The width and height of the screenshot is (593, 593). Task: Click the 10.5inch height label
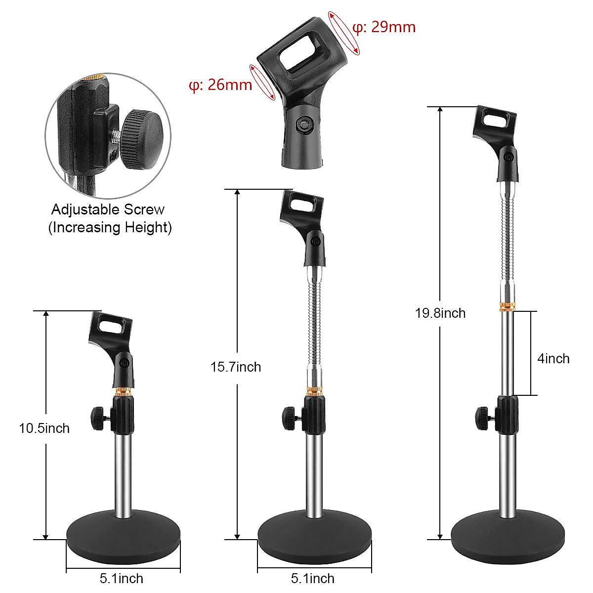(44, 428)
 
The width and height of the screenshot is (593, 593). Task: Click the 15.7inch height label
(236, 367)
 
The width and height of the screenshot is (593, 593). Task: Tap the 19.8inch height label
(440, 313)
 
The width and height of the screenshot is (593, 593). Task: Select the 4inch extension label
(553, 358)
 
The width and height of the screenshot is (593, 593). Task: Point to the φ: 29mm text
(383, 27)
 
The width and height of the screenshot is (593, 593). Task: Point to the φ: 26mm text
(220, 85)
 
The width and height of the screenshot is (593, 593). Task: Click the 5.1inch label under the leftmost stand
(122, 578)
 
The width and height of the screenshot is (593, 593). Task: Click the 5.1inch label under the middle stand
(313, 578)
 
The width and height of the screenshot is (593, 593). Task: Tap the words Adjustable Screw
(108, 210)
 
